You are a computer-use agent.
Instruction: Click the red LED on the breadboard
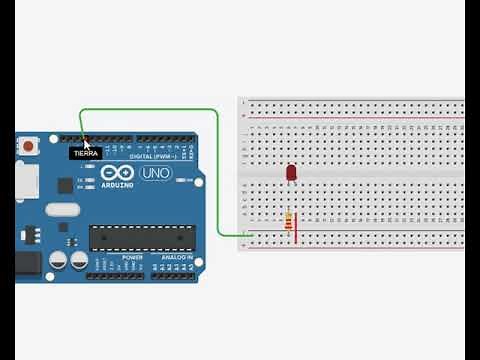[x=291, y=173]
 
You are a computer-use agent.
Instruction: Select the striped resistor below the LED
[x=289, y=221]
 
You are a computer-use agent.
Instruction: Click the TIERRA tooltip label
[x=86, y=153]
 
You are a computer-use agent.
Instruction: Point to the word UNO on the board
[x=156, y=173]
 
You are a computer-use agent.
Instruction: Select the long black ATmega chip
[x=139, y=237]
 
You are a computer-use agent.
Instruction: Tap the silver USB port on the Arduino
[x=27, y=180]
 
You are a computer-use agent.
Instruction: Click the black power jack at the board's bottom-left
[x=27, y=264]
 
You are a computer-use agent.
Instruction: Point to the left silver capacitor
[x=58, y=260]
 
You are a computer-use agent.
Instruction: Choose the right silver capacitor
[x=77, y=260]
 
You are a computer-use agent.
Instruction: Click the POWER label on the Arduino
[x=131, y=257]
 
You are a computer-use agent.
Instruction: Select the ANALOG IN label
[x=179, y=257]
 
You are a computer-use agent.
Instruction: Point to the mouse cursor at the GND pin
[x=86, y=144]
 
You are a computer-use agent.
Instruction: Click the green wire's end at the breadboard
[x=243, y=235]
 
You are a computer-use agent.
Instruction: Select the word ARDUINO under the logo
[x=116, y=185]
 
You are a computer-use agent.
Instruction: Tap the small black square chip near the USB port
[x=65, y=185]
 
